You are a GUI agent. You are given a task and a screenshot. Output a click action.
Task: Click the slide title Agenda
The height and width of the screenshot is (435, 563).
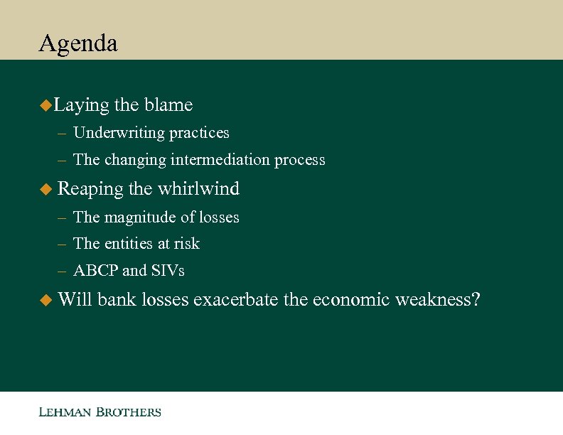click(x=78, y=44)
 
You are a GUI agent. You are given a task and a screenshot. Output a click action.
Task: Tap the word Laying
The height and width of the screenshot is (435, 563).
click(x=81, y=106)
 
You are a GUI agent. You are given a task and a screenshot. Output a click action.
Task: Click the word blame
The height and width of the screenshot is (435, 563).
click(x=168, y=105)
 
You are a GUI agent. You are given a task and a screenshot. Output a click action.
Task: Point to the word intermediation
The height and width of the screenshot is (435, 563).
click(x=221, y=160)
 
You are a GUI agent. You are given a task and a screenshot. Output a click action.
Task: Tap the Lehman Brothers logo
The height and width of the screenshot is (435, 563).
click(x=100, y=412)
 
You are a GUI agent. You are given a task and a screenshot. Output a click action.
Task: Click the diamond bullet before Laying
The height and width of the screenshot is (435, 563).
click(x=45, y=106)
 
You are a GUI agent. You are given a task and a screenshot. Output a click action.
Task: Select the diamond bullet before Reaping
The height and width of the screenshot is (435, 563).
click(x=45, y=189)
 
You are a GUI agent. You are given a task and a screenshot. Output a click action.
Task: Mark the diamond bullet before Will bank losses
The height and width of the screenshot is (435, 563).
click(x=45, y=301)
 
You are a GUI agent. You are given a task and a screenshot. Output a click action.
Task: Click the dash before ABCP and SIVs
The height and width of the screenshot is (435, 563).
click(x=63, y=272)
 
